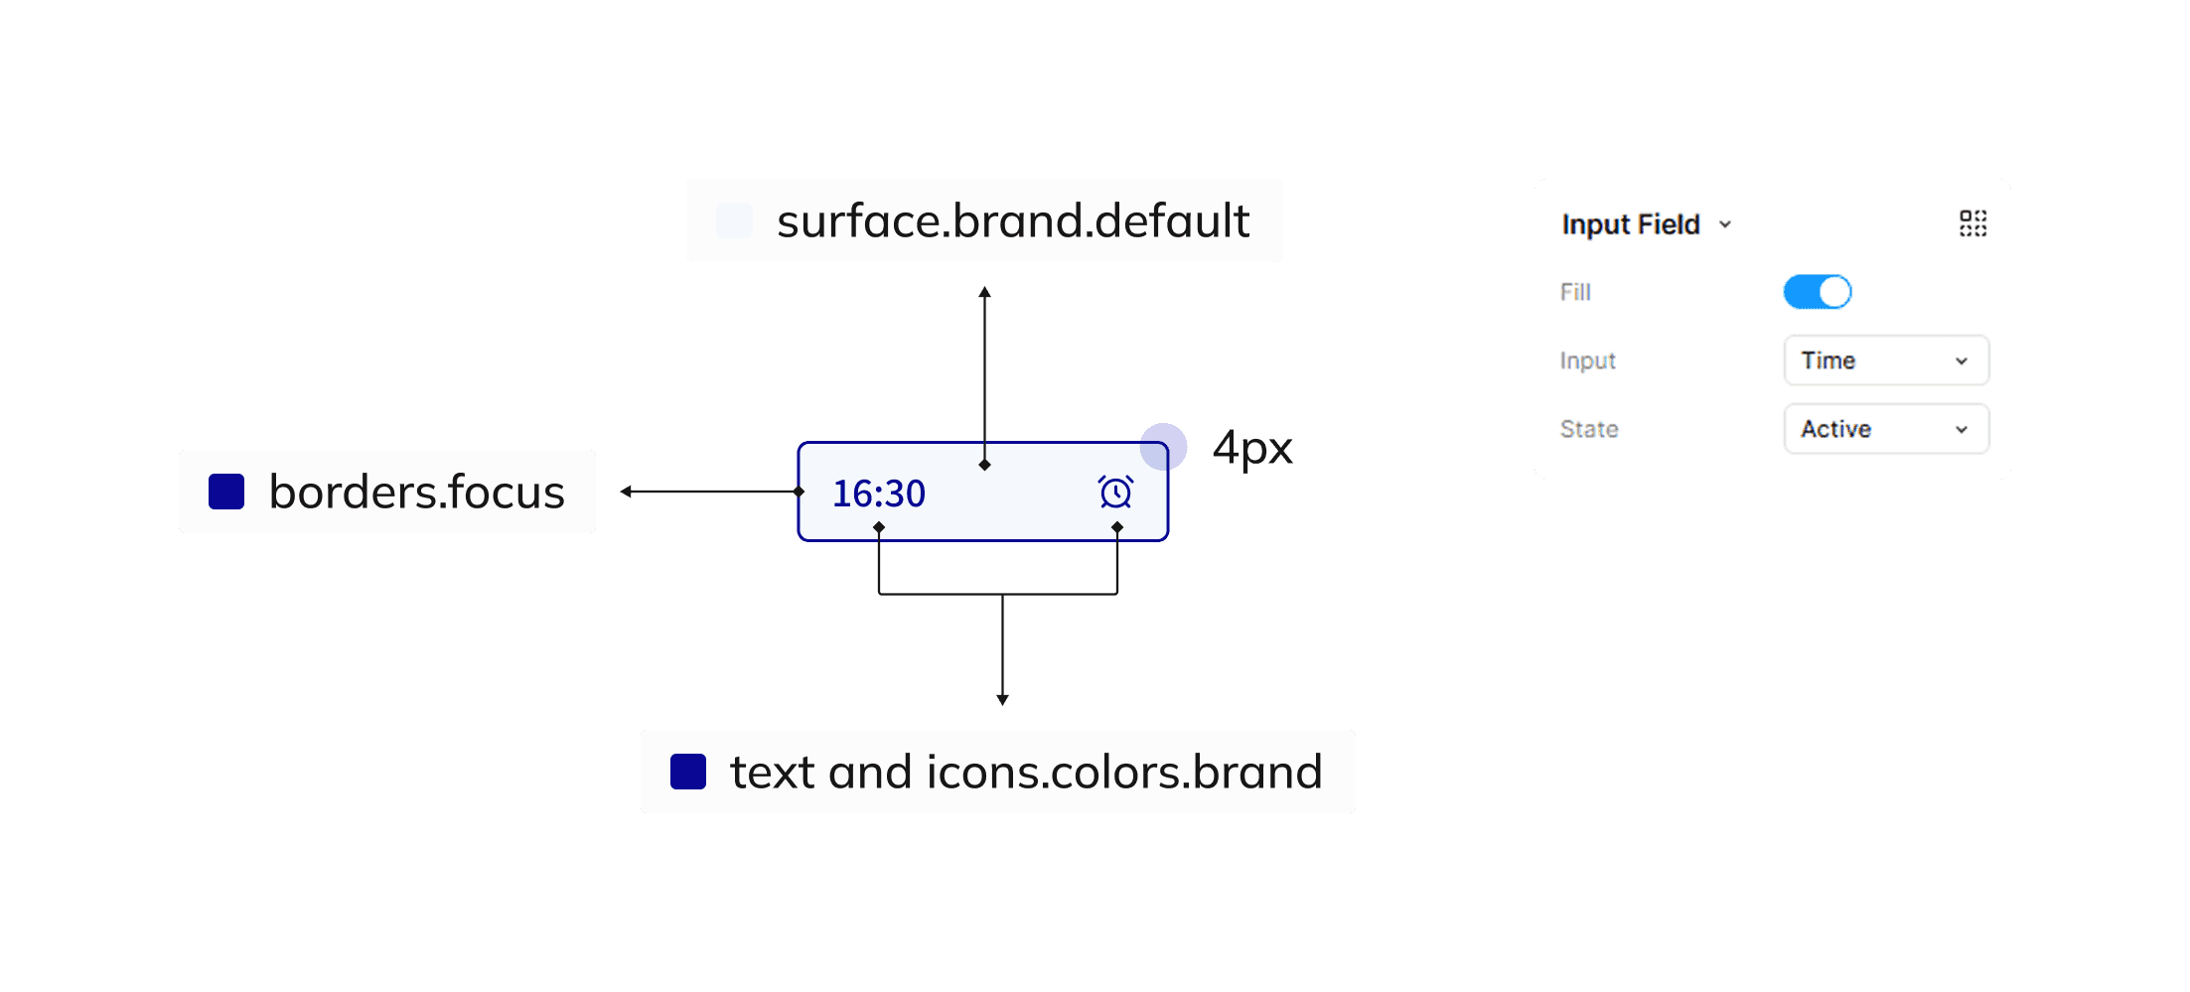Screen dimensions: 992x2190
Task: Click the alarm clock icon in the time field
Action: (x=1115, y=493)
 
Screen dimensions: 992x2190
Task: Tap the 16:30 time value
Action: (x=878, y=494)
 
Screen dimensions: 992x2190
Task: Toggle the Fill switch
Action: (x=1817, y=292)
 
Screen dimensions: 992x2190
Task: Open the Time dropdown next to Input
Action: (x=1885, y=360)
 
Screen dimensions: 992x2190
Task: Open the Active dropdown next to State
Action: (x=1885, y=429)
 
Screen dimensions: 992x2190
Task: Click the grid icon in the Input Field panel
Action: (x=1972, y=223)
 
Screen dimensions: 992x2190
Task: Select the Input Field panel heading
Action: (x=1630, y=224)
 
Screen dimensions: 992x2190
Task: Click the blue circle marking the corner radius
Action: (x=1163, y=447)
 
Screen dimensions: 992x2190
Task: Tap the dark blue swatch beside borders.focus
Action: (x=226, y=492)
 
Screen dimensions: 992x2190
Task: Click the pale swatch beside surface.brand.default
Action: (x=734, y=220)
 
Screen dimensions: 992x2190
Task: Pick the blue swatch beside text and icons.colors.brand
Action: (x=688, y=772)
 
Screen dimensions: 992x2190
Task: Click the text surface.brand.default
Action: (x=1012, y=220)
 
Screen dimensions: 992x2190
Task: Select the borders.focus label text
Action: (x=416, y=492)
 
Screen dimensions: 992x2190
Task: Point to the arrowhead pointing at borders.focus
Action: (x=626, y=492)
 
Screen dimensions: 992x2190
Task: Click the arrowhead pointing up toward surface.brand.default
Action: (x=984, y=292)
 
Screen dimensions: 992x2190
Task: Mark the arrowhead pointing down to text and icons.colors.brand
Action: (x=1002, y=699)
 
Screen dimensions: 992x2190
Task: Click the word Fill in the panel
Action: (x=1575, y=292)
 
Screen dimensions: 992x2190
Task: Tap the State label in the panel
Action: (x=1589, y=429)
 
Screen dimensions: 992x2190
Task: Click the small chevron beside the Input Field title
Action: (x=1725, y=224)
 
